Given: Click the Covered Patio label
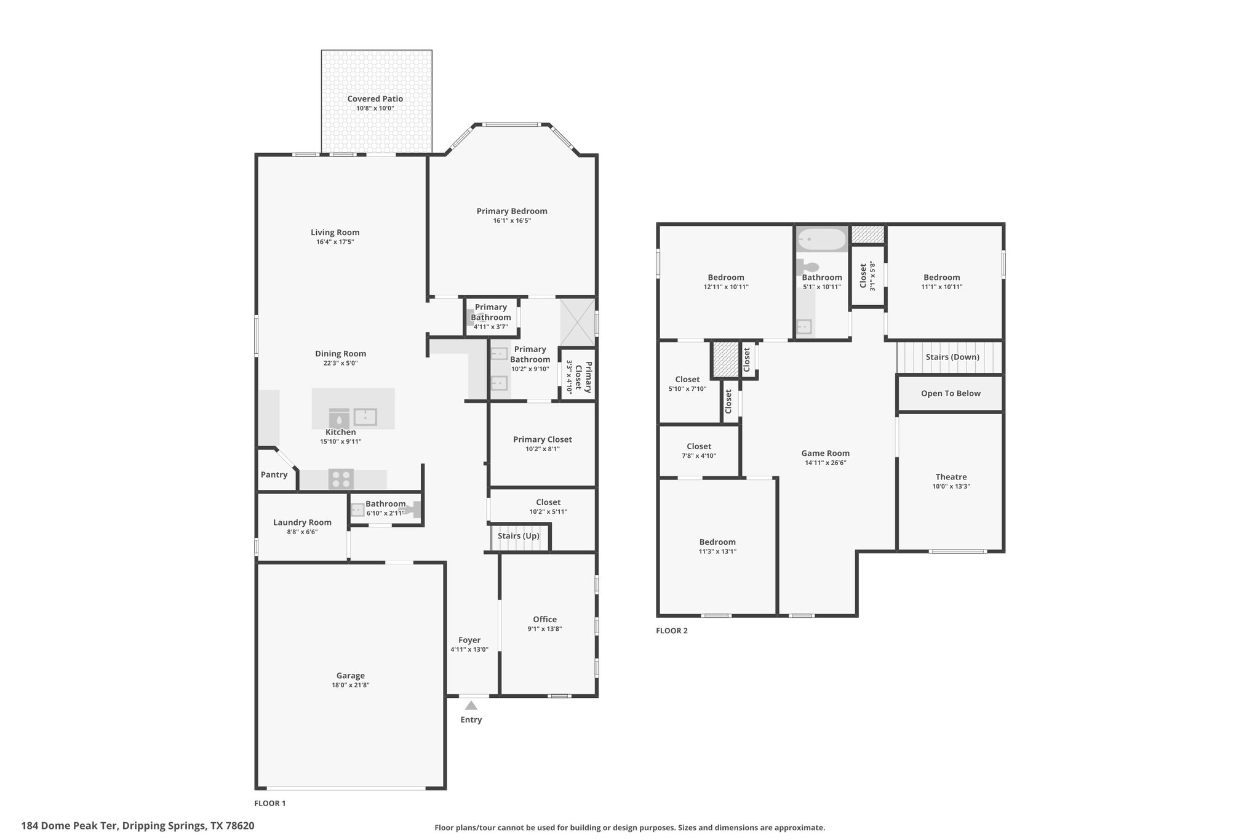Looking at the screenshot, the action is coord(375,98).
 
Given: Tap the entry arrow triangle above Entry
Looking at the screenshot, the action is coord(471,705).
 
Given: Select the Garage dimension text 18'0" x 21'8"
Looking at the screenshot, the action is coord(350,685).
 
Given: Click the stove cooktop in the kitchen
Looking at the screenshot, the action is coord(341,479).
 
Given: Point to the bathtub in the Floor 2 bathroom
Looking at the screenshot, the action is coord(821,239).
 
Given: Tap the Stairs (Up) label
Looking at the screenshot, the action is coord(518,535).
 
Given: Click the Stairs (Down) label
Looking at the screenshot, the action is coord(952,357).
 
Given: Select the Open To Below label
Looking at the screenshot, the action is coord(951,393).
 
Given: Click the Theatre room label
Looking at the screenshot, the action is coord(951,476).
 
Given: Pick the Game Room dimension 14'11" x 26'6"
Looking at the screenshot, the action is coord(825,463).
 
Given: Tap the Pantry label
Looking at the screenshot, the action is coord(274,474).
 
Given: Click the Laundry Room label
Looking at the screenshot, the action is coord(302,522).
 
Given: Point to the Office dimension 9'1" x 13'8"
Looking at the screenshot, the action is coord(544,629).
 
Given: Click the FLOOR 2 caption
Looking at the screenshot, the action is coord(672,631).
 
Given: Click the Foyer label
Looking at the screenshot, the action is coord(469,640).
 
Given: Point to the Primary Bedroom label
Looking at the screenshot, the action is coord(512,211).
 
